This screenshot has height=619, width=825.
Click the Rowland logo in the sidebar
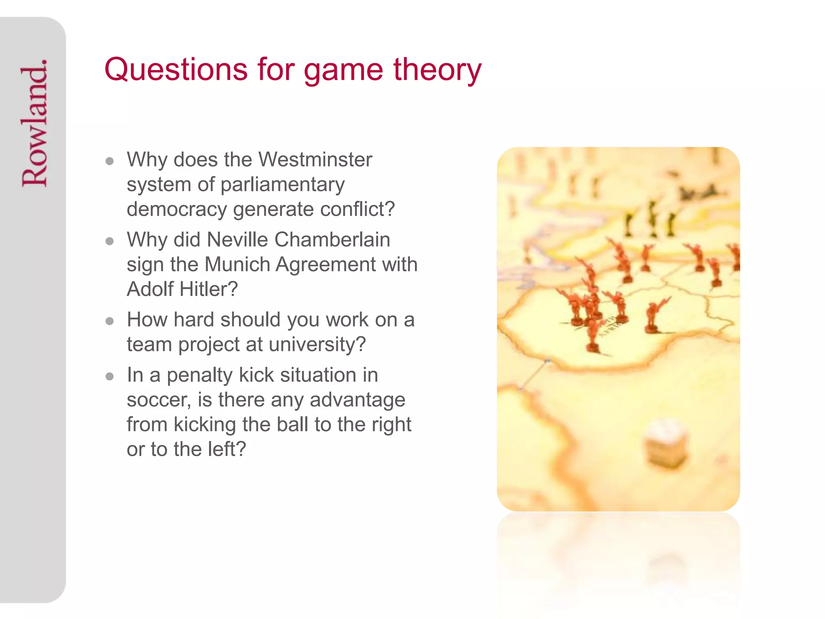35,123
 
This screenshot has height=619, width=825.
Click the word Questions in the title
176,69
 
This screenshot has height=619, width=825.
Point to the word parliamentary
282,185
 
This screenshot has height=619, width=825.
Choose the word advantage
357,400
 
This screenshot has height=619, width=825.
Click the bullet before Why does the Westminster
110,161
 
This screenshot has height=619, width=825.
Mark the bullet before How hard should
110,321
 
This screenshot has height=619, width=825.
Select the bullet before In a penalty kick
110,377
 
